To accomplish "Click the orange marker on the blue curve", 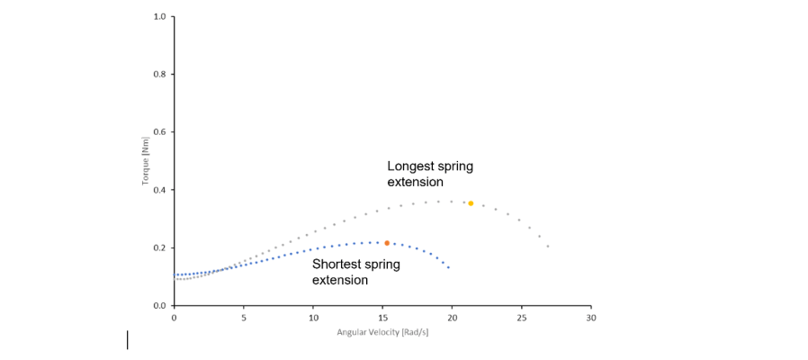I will coord(387,243).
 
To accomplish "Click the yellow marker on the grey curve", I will coord(471,203).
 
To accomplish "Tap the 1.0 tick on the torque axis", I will coord(159,16).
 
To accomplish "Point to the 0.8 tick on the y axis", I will coord(159,74).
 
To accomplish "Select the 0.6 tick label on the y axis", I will coord(159,132).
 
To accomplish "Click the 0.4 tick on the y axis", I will coord(159,190).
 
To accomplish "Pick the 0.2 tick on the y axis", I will coord(159,247).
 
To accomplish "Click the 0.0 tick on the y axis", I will coord(159,306).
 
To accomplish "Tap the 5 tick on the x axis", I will coord(243,318).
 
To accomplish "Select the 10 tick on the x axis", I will coord(312,318).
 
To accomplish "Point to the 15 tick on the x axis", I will coord(382,318).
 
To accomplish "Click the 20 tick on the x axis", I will coord(452,318).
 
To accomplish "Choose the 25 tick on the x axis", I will coord(521,318).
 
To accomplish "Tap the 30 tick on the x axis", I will coord(590,318).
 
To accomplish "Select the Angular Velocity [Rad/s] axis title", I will coord(382,332).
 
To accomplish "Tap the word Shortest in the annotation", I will coord(339,265).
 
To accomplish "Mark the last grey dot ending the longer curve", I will coord(547,246).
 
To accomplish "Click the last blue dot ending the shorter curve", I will coord(448,267).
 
